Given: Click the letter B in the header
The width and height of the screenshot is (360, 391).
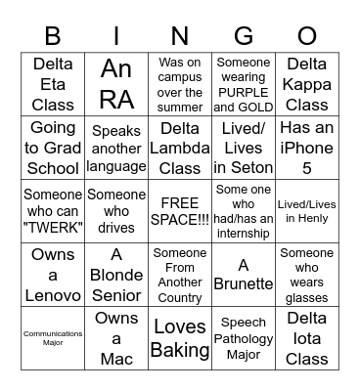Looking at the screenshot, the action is [x=52, y=36].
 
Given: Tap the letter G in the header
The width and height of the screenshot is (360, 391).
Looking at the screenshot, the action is [x=245, y=36].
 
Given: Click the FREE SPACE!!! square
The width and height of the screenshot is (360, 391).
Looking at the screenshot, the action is [x=180, y=209].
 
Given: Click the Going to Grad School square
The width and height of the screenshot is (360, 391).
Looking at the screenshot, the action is [x=52, y=146].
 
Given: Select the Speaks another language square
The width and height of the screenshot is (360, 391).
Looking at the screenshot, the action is [x=116, y=146].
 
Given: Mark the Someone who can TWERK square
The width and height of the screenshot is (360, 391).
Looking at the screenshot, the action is [x=52, y=209].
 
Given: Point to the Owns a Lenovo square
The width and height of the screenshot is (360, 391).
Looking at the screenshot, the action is [x=52, y=273].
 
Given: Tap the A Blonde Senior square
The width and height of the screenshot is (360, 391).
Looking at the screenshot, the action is [x=116, y=273].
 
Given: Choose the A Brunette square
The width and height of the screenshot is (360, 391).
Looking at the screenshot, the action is [x=245, y=273].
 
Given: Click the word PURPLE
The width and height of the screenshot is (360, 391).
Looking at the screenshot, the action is [x=245, y=93].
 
